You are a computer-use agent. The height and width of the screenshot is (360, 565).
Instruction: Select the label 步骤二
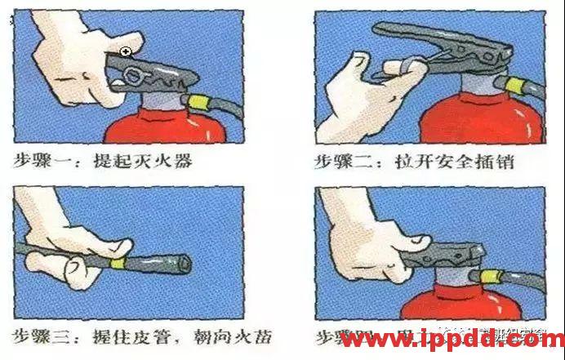343,161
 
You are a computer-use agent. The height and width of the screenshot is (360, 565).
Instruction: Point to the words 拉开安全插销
452,161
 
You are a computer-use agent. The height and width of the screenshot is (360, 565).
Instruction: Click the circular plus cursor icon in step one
125,52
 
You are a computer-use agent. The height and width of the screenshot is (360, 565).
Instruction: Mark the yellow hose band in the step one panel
198,101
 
